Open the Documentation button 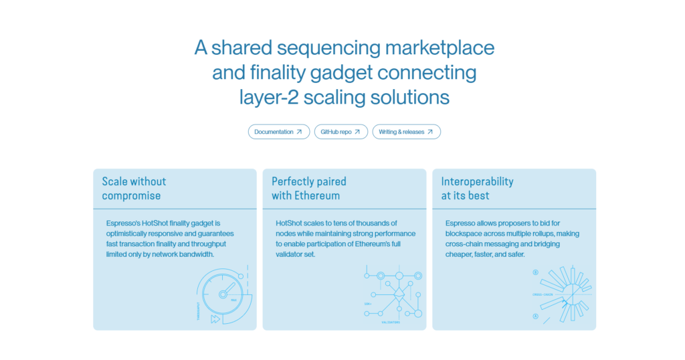click(x=278, y=132)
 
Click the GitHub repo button click(x=340, y=132)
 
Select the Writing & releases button click(x=406, y=132)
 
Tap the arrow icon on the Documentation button click(x=299, y=132)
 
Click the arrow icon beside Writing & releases click(x=430, y=132)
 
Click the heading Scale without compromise click(x=134, y=188)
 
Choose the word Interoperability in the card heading click(x=477, y=181)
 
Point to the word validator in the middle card click(x=290, y=254)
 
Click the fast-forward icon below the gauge click(x=215, y=319)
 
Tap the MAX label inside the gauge click(x=233, y=300)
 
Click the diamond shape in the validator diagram click(x=399, y=292)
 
